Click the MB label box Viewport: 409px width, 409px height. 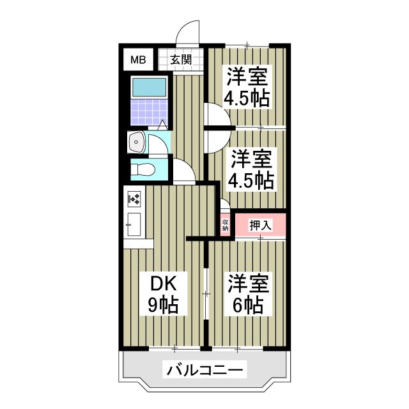tap(138, 61)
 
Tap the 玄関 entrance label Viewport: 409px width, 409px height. tap(181, 61)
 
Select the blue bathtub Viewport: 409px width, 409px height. tap(147, 86)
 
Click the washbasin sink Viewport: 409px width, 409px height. tap(136, 142)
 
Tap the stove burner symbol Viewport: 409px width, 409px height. tap(135, 200)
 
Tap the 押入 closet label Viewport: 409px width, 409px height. tap(260, 225)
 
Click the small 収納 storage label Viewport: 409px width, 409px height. tap(225, 225)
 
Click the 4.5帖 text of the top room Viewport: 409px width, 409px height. tap(246, 98)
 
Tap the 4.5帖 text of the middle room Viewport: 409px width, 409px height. tap(252, 180)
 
